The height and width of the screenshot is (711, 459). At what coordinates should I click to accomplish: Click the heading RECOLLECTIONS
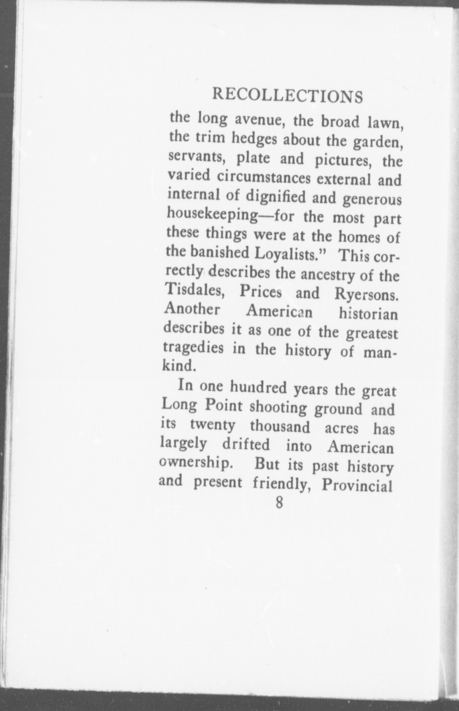coord(288,96)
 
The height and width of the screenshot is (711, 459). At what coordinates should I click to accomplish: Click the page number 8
coord(279,503)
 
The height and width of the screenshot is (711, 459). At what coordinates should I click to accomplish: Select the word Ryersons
coord(366,295)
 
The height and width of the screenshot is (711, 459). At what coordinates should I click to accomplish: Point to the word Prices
coord(261,292)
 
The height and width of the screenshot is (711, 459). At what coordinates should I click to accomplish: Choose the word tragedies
coord(193,348)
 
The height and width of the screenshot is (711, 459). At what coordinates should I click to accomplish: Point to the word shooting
coord(278,408)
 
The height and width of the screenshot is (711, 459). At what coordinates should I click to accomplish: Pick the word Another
coord(192,310)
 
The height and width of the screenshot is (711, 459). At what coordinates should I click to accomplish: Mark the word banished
coord(217,252)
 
